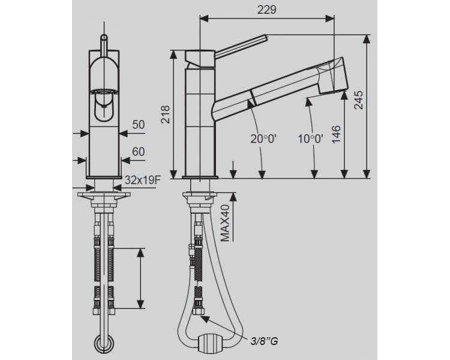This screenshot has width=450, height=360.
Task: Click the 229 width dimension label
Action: pyautogui.click(x=266, y=10)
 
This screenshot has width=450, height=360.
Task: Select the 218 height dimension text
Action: pyautogui.click(x=166, y=115)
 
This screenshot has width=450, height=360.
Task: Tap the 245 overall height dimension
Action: pyautogui.click(x=358, y=100)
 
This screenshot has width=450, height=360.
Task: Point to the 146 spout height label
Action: pyautogui.click(x=336, y=134)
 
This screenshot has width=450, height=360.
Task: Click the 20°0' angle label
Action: pyautogui.click(x=263, y=139)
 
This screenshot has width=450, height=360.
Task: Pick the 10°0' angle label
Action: pyautogui.click(x=310, y=139)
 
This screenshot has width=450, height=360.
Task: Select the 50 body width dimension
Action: pyautogui.click(x=139, y=125)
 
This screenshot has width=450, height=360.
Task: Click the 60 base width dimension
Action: pyautogui.click(x=139, y=152)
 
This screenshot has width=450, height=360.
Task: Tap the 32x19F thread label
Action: pyautogui.click(x=142, y=180)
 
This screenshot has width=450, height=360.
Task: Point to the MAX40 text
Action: pyautogui.click(x=225, y=223)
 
